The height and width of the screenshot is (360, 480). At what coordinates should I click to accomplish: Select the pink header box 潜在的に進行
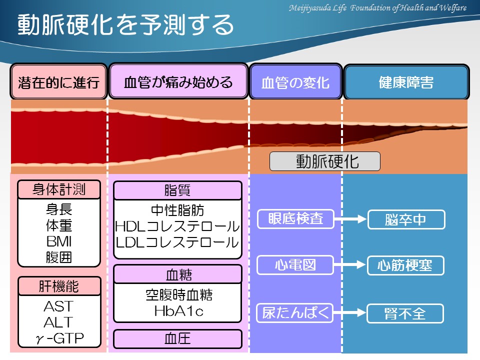tap(59, 81)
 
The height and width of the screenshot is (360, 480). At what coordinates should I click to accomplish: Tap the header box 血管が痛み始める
tap(178, 81)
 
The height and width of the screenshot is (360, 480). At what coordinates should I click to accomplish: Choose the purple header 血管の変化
tap(295, 81)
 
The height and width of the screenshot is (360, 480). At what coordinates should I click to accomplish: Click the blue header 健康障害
tap(405, 81)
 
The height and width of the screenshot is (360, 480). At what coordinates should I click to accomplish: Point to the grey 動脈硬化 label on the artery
tap(325, 161)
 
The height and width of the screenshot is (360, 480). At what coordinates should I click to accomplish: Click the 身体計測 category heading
tap(59, 189)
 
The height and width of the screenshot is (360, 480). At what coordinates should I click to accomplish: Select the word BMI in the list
tap(59, 241)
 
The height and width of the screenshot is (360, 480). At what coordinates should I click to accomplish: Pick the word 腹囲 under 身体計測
tap(59, 257)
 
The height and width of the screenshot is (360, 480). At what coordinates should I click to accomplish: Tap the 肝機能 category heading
tap(59, 286)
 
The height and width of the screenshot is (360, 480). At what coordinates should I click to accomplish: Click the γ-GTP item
tap(59, 338)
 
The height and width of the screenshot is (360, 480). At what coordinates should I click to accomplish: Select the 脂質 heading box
tap(177, 190)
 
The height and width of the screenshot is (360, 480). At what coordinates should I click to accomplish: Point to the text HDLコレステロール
tap(177, 226)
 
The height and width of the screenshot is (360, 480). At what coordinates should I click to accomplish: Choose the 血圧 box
tap(177, 339)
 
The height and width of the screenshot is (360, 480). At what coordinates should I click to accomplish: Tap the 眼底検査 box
tap(295, 218)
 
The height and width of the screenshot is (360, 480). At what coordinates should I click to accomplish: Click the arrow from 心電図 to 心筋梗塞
tap(350, 265)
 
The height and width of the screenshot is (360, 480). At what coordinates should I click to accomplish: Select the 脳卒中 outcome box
tap(405, 219)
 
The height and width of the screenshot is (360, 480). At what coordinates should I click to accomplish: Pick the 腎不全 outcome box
tap(405, 313)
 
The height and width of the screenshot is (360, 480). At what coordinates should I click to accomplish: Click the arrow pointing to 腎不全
tap(350, 313)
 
